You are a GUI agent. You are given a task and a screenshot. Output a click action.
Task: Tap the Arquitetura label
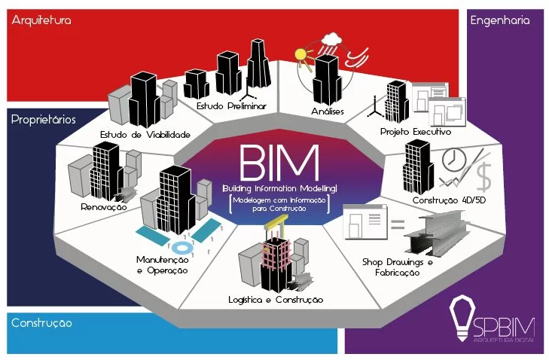(41, 21)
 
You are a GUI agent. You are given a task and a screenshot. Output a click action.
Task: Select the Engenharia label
(500, 21)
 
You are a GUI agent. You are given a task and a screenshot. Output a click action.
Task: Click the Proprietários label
(44, 119)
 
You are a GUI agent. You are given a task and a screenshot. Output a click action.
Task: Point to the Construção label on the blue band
(41, 323)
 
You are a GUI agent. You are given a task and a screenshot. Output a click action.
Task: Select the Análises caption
(328, 112)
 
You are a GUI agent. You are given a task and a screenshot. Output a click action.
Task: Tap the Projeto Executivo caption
(416, 131)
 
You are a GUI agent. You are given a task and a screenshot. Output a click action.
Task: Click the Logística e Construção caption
(276, 299)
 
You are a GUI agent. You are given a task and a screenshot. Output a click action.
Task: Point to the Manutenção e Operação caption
(162, 264)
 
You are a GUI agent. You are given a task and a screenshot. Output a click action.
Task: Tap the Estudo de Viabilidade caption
(145, 135)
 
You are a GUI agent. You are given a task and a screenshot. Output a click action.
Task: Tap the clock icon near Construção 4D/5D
(455, 160)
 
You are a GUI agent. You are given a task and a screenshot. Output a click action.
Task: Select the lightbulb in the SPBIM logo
(460, 318)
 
